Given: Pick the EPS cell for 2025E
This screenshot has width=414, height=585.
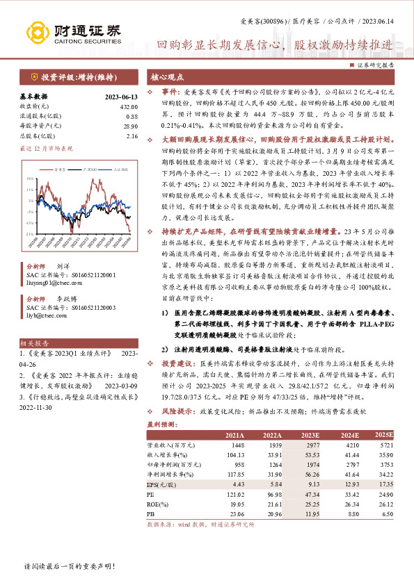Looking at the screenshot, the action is click(382, 483).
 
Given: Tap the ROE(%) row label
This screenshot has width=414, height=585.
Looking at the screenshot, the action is click(156, 502).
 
